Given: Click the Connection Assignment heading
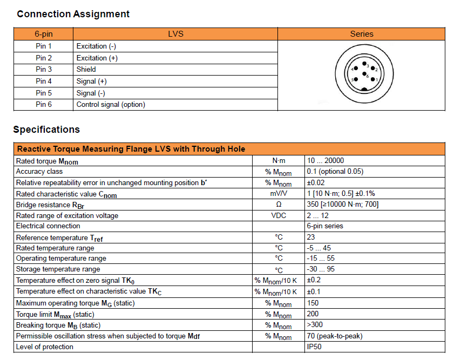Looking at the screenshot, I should tap(73, 14).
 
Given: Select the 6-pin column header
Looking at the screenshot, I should tap(44, 34).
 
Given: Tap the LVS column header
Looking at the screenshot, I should tap(176, 34).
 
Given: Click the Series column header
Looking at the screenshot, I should tap(362, 34).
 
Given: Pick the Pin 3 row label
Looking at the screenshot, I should tap(44, 69).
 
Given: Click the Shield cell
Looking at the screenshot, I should tap(86, 69).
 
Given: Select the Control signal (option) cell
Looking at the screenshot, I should tap(111, 104).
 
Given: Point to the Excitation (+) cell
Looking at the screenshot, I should tap(97, 58).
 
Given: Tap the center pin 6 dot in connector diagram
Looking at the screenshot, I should tap(365, 74).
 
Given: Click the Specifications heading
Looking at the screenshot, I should tap(46, 130).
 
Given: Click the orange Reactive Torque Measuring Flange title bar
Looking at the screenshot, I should tap(229, 149).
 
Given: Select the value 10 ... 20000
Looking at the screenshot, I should tap(326, 160).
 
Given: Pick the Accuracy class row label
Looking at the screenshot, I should tap(39, 172).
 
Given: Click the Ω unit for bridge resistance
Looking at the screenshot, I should tap(279, 205).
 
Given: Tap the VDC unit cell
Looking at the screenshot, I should tap(279, 215).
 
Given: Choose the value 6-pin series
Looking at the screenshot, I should tap(324, 226).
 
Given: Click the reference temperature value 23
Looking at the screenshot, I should tap(311, 237).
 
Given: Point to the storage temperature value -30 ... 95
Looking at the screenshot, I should tap(322, 269).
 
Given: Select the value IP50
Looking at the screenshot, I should tap(314, 347).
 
